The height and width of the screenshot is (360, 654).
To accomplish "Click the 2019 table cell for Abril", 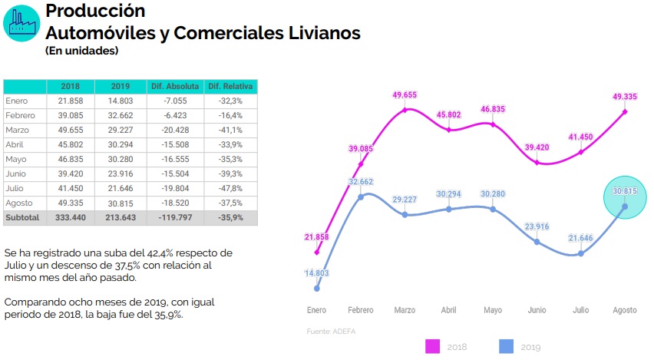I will click(x=119, y=144).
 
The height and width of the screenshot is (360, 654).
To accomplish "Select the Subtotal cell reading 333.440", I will click(x=70, y=217).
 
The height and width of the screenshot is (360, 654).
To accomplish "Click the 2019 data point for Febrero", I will click(x=362, y=197).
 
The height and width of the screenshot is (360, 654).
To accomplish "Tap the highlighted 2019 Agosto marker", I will click(x=625, y=206).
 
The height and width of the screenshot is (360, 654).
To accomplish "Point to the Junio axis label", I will click(x=537, y=310).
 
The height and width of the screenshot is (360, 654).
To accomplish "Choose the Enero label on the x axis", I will click(x=316, y=310).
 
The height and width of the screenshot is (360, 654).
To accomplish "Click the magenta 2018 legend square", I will click(x=431, y=346).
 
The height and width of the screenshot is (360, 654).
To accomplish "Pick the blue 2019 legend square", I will click(x=504, y=346).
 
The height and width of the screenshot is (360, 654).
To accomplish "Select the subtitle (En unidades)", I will click(x=81, y=51).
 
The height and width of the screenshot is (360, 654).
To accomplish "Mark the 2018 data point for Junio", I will click(x=537, y=162).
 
